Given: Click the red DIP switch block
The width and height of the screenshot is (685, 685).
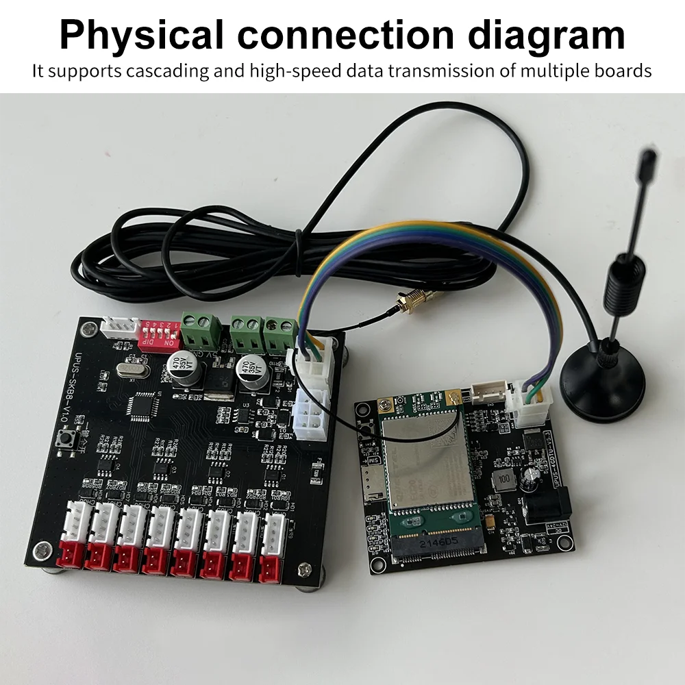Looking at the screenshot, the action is pyautogui.click(x=159, y=335).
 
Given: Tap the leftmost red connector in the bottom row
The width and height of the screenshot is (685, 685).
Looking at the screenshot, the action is pyautogui.click(x=71, y=553).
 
